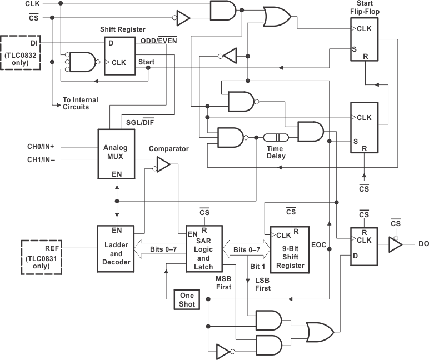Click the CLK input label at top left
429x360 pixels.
[x=32, y=4]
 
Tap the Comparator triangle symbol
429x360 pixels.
[x=163, y=164]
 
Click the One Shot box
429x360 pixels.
[x=187, y=299]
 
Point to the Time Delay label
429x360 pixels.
[x=275, y=152]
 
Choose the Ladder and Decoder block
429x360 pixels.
[x=116, y=248]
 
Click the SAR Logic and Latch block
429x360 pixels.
[x=204, y=248]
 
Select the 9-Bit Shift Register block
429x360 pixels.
[x=290, y=249]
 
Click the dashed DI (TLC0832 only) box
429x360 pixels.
[x=21, y=53]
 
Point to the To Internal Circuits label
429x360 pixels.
[x=80, y=103]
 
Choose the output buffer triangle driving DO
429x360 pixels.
[x=395, y=243]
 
